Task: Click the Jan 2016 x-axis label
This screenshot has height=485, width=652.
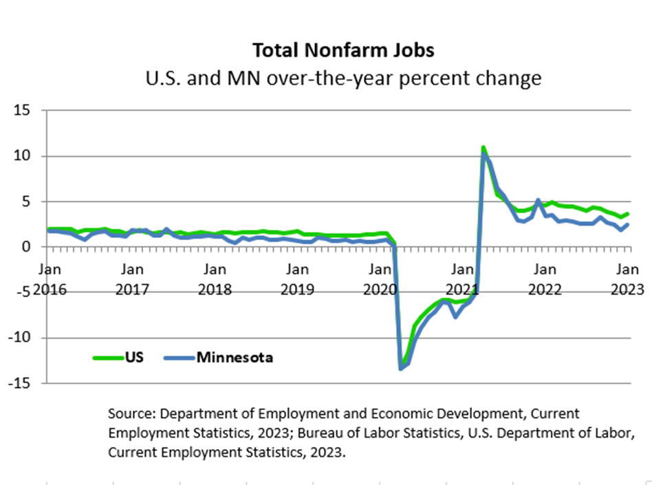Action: click(50, 279)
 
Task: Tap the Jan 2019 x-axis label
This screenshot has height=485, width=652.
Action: click(297, 279)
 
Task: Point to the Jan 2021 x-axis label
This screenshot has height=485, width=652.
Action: click(462, 279)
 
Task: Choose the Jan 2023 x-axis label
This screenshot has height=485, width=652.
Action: click(627, 279)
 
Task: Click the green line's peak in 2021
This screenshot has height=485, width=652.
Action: click(483, 147)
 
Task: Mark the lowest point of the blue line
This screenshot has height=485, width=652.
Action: click(401, 369)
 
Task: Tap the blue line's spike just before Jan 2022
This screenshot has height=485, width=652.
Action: click(538, 200)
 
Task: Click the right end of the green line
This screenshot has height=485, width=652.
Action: click(627, 214)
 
